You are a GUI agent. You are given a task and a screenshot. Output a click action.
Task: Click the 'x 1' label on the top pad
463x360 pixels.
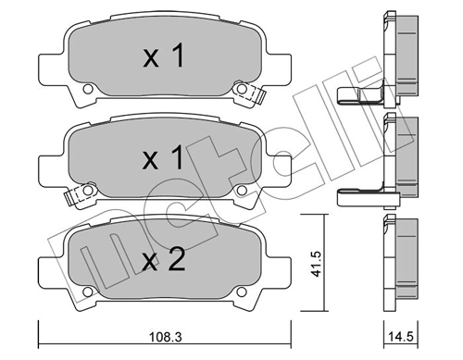click(x=163, y=58)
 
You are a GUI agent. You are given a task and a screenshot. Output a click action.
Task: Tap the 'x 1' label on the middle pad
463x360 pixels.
click(x=163, y=158)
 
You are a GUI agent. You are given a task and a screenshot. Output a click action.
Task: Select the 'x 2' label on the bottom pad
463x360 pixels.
click(x=163, y=259)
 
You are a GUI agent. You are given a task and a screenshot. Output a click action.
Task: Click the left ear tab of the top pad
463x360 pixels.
click(x=48, y=68)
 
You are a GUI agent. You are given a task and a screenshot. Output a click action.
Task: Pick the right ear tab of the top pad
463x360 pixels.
click(x=280, y=68)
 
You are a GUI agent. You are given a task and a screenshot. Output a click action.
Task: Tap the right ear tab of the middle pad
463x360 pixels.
click(x=280, y=168)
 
